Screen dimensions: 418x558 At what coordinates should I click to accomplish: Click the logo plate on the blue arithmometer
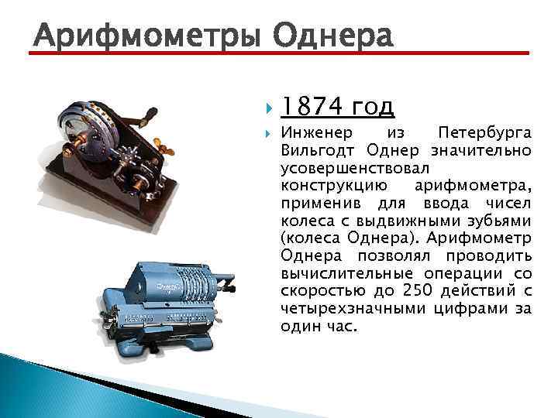point(166,291)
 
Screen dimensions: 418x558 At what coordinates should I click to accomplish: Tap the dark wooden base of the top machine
point(77,174)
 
